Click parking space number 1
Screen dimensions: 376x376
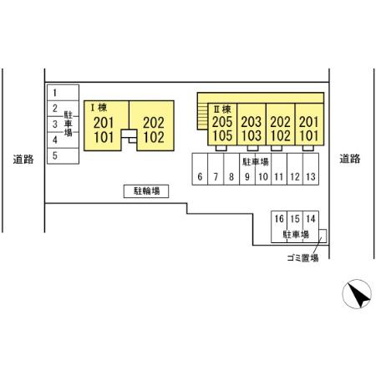63,93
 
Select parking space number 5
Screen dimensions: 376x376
63,155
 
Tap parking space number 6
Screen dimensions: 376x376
200,169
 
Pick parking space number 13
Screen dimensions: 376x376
311,169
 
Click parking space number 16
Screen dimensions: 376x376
279,226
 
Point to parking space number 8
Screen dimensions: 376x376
231,169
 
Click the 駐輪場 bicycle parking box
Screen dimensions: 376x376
146,191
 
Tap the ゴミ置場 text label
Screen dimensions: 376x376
302,258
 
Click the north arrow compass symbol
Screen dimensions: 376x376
357,294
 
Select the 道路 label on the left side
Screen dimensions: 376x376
23,160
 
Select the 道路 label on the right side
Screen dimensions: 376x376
350,159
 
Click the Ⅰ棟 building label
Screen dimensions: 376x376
99,108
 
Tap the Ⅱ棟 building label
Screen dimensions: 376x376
222,109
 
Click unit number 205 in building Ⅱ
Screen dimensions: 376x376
222,122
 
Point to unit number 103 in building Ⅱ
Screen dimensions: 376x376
252,135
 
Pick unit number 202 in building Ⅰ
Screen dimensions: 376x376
154,123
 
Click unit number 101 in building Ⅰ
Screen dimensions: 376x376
104,137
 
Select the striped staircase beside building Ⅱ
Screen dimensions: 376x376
202,116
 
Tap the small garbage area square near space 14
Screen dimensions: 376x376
323,236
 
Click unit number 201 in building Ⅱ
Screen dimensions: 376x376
308,122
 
